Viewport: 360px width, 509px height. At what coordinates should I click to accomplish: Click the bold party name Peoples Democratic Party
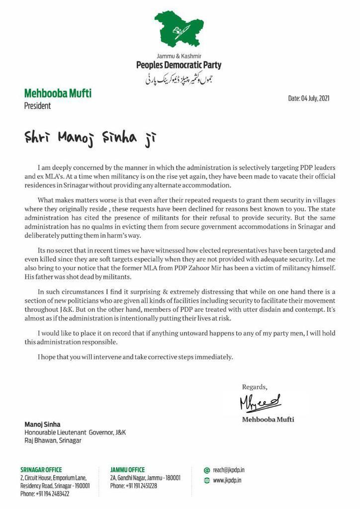pos(179,65)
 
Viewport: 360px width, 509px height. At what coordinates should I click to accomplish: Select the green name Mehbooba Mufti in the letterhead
pos(58,93)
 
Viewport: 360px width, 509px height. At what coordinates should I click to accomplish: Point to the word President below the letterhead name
pos(37,105)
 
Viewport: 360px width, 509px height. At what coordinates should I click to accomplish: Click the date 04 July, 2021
pos(309,98)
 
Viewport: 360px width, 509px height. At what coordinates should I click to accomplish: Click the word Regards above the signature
pos(255,387)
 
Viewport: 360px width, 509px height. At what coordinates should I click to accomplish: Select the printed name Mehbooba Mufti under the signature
pos(268,419)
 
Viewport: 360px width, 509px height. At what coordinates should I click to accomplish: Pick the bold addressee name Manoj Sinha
pos(42,424)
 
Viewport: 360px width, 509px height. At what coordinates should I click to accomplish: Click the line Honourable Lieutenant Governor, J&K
pos(75,432)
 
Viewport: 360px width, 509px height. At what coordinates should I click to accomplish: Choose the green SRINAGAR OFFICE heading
pos(41,470)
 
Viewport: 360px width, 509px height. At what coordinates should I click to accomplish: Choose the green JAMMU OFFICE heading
pos(127,470)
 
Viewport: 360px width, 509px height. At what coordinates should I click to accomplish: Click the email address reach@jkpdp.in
pos(229,470)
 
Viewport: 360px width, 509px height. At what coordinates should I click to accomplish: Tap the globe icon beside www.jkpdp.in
pos(207,481)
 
